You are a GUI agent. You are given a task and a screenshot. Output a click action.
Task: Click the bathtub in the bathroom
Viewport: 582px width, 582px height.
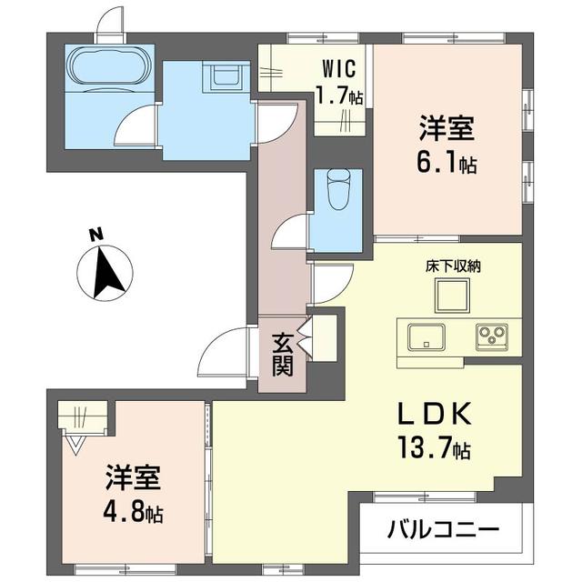click(110, 69)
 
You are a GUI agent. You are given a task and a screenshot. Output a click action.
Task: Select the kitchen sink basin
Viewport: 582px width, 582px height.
click(426, 337)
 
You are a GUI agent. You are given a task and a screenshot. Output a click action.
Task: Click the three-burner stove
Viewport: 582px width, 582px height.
click(492, 337)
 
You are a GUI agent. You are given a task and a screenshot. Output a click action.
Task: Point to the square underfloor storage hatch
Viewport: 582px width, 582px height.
click(453, 296)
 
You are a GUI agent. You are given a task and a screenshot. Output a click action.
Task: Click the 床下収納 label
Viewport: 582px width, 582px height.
click(453, 266)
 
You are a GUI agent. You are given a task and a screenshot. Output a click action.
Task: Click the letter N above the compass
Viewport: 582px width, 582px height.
click(96, 235)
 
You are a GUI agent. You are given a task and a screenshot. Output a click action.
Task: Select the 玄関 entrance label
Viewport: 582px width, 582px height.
click(283, 354)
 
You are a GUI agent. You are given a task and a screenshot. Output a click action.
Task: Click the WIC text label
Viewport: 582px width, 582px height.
click(339, 68)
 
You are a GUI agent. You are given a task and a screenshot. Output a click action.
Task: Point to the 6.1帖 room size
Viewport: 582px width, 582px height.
click(447, 164)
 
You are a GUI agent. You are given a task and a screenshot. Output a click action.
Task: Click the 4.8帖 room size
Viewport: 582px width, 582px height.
click(133, 513)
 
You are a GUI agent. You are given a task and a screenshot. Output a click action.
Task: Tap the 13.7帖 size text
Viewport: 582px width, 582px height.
click(434, 447)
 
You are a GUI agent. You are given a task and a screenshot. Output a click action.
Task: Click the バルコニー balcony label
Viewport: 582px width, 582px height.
click(443, 530)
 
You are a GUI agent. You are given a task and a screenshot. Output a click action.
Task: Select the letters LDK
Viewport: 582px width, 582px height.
click(435, 414)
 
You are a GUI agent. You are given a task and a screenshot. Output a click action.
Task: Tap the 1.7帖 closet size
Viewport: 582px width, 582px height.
click(339, 95)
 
